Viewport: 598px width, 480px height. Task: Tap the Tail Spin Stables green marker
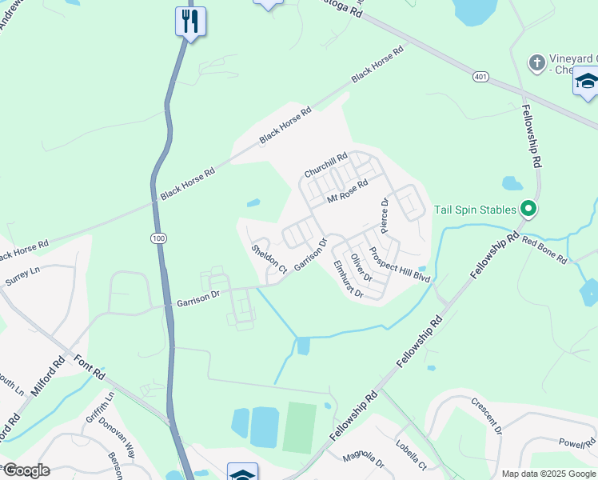(x=528, y=210)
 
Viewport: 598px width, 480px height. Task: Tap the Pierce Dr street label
(x=385, y=216)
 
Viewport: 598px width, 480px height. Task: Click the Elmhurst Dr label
(x=348, y=280)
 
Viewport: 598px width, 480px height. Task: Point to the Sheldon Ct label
(x=269, y=259)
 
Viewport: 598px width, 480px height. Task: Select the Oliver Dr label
(x=362, y=268)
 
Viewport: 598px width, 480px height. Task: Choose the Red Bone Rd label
(x=544, y=250)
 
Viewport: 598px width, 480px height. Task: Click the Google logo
(x=26, y=470)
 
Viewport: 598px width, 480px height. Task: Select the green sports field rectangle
(x=300, y=426)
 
